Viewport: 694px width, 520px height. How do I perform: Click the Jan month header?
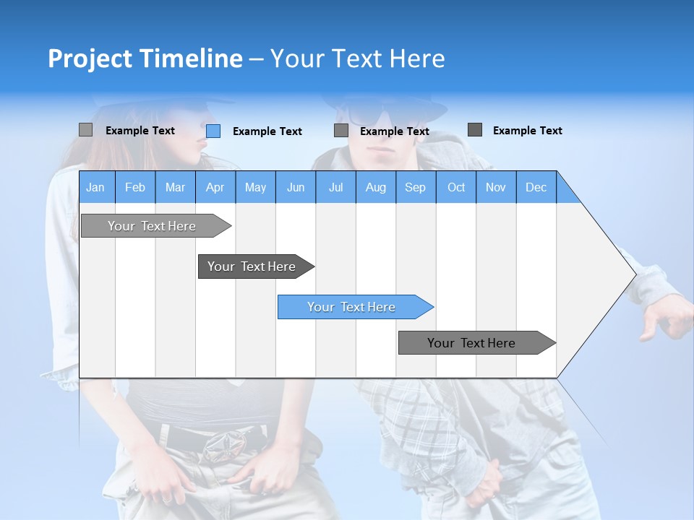coord(95,187)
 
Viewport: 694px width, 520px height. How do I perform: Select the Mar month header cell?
coord(175,187)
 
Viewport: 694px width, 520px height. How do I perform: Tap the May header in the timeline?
coord(255,187)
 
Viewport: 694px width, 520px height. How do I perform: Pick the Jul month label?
coord(335,187)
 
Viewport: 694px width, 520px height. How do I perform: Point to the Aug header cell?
coord(375,187)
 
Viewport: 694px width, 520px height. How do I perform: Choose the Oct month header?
coord(456,187)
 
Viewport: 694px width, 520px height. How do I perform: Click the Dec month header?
coord(536,187)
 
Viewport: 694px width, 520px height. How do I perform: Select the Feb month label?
coord(135,187)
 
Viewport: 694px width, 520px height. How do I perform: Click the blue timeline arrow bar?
coord(354,307)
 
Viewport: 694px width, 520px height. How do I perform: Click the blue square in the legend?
coord(213,131)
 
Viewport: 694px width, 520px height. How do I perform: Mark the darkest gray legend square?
coord(475,130)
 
